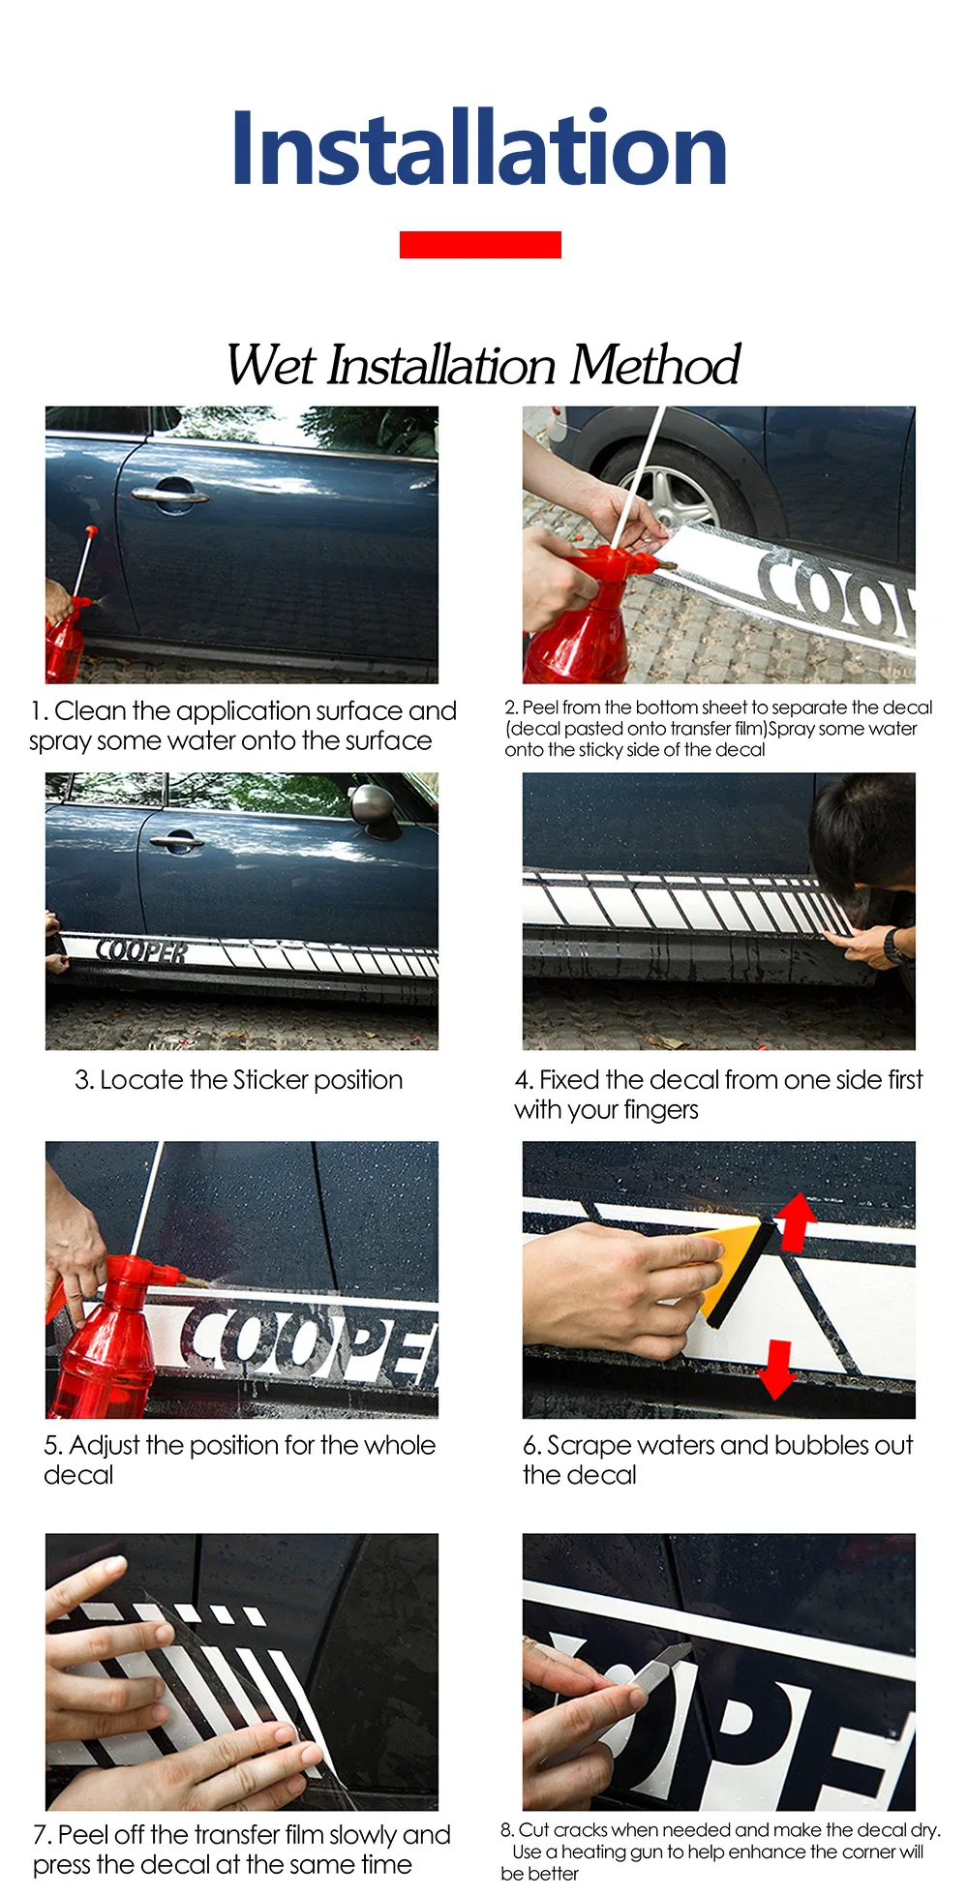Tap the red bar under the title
[x=480, y=245]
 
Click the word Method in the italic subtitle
[x=654, y=365]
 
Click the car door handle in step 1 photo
[x=170, y=494]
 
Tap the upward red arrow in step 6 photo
[x=796, y=1221]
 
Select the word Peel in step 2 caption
[x=539, y=707]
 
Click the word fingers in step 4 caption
[x=661, y=1110]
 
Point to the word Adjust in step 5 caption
[x=105, y=1446]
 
